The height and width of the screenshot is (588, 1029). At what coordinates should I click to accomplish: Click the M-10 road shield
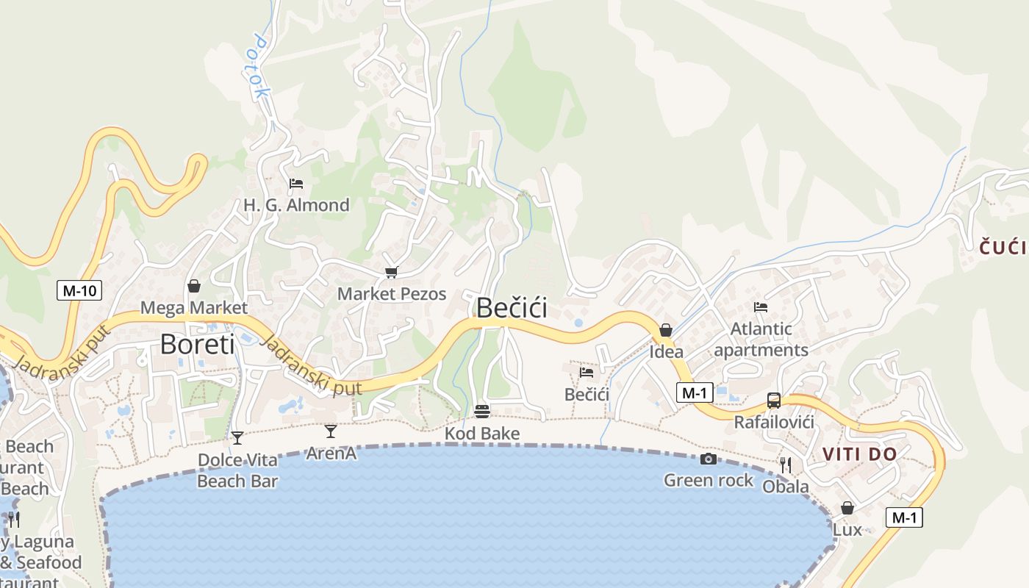point(79,290)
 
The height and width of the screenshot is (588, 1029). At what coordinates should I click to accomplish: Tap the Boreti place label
point(197,344)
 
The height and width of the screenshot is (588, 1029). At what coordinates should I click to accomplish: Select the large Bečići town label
point(512,307)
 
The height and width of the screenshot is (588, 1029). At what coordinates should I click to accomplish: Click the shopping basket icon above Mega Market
point(194,285)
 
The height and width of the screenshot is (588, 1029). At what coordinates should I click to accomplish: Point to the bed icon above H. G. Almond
point(296,183)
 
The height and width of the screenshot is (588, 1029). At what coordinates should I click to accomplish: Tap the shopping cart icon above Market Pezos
point(391,273)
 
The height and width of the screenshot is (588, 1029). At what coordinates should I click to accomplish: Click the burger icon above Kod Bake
point(482,411)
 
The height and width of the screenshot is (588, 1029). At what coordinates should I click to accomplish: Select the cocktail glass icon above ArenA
point(331,431)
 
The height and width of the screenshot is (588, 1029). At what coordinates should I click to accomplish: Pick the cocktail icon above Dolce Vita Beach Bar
point(237,437)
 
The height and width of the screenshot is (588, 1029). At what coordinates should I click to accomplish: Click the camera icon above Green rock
point(709,459)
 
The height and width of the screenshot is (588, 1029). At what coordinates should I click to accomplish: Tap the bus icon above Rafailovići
point(774,401)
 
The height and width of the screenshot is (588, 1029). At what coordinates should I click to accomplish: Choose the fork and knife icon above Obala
point(786,465)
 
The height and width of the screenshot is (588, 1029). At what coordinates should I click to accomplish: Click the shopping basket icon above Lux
point(847,508)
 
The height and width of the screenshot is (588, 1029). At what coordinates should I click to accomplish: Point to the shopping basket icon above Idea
point(666,330)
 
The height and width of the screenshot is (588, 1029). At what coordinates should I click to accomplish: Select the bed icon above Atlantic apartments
point(761,306)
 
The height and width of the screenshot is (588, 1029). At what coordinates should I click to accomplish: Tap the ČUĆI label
point(1003,248)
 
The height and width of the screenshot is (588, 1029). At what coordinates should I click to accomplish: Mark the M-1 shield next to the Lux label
point(903,517)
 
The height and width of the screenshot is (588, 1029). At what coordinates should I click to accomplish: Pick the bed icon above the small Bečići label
point(587,372)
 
